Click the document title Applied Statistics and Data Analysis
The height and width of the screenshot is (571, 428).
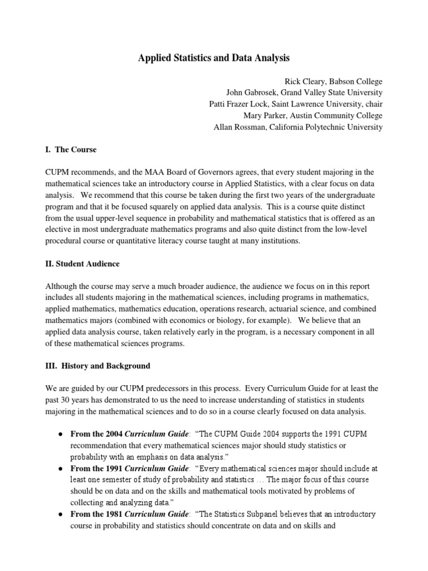click(214, 57)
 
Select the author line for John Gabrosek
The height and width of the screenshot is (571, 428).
click(304, 93)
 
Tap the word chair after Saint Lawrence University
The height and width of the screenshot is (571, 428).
click(373, 104)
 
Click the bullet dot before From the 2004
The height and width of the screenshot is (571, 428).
click(59, 434)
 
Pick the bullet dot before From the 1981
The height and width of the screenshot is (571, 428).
click(59, 514)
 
